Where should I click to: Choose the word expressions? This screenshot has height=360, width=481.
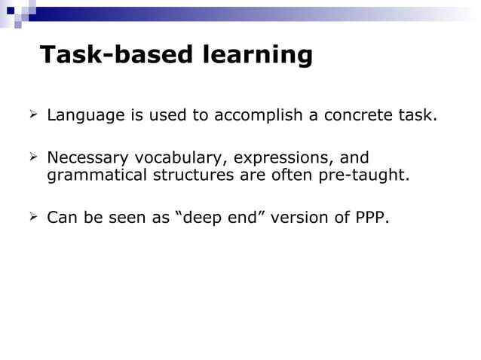[x=283, y=159]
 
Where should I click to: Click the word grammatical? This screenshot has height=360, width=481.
[x=96, y=176]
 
